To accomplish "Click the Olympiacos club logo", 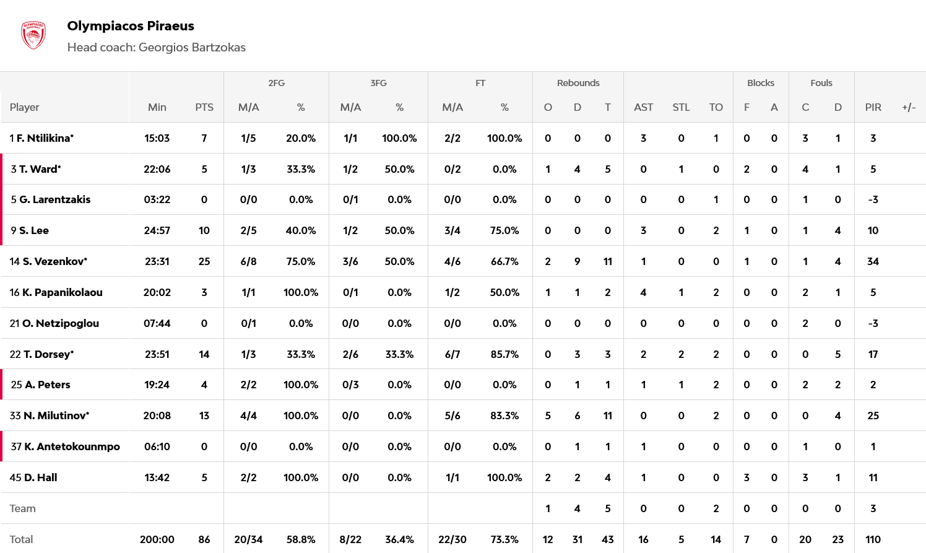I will coord(33,35).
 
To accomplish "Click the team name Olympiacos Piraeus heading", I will coord(131,26).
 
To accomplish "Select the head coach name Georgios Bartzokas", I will coord(192,48).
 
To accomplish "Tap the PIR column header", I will coord(873,107).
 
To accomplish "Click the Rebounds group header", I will coord(578,83).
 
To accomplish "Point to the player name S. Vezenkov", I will coord(54,261).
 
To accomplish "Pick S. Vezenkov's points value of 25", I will coord(204,261).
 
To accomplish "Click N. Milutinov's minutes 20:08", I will coord(157,416).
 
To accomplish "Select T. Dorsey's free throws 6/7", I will coord(452,354).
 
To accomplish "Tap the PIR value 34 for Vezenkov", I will coord(873,261).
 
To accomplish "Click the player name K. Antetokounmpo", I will coord(72,446).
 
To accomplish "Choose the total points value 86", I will coord(204,539).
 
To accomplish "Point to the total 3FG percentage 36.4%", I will coord(399,539).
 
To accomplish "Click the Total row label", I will coord(21,539).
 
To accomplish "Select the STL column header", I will coord(681,107).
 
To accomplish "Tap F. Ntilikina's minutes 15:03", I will coord(157,138).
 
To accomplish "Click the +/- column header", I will coord(909,107).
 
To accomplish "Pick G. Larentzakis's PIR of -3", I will coord(873,199).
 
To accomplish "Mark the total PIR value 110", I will coord(873,539).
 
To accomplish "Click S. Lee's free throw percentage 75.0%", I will coord(504,230).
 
